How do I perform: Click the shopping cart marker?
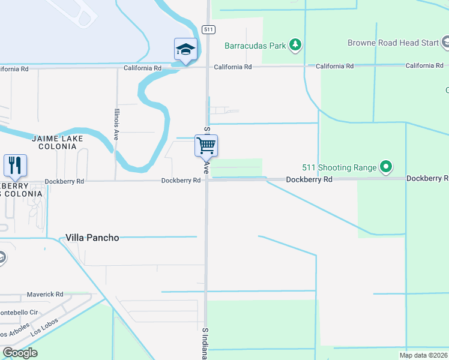(206, 145)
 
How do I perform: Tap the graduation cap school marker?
(185, 49)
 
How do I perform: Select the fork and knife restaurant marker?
(15, 165)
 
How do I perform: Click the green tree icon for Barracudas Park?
(295, 44)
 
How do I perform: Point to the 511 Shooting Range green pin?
(387, 167)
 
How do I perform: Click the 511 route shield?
(208, 29)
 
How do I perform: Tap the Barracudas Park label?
(255, 45)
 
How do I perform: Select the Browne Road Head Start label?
(393, 43)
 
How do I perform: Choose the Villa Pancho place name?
(92, 238)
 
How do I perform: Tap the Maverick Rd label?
(45, 295)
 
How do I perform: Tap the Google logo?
(20, 353)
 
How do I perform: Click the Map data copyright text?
(424, 355)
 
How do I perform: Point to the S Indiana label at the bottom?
(205, 343)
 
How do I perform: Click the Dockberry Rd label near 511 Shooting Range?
(309, 179)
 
